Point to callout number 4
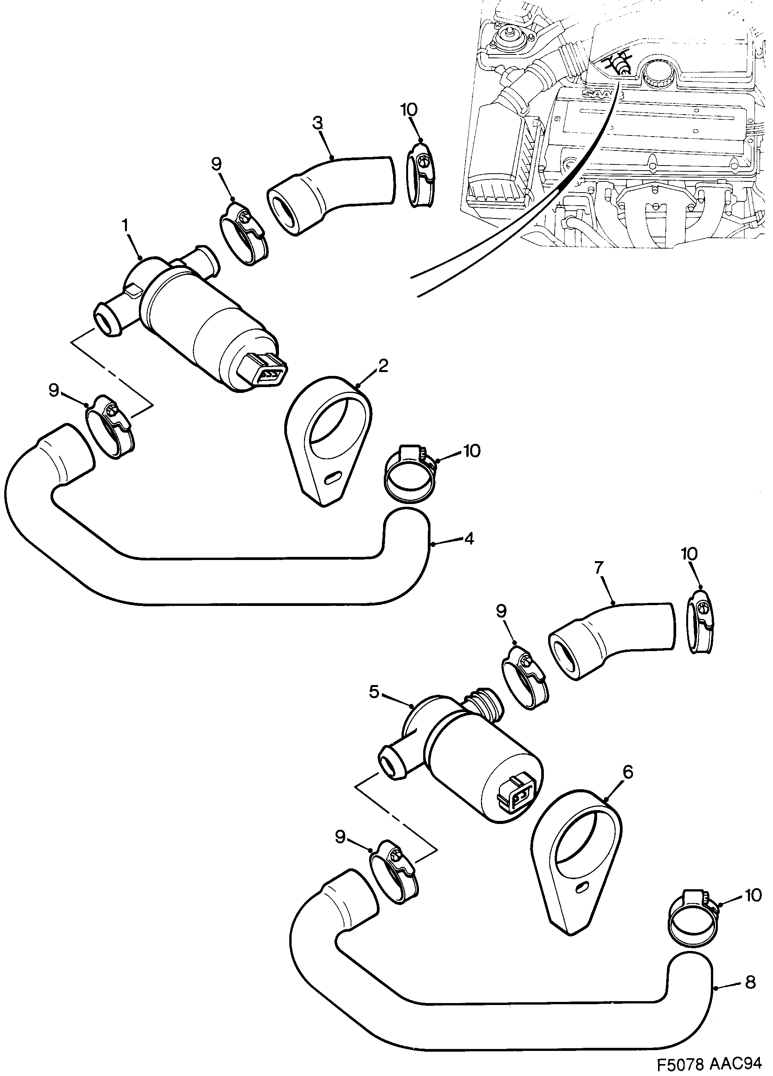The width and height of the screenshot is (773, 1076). point(469,538)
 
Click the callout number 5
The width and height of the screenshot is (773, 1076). point(374,692)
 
